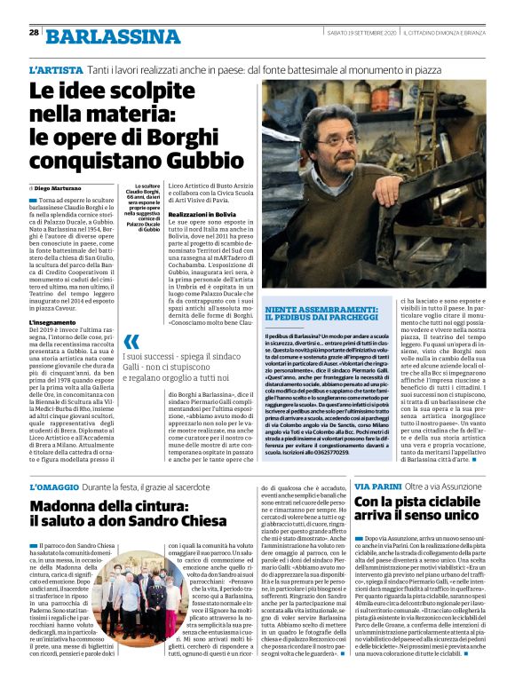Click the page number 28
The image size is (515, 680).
(33, 32)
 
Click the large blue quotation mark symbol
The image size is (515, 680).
(131, 342)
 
